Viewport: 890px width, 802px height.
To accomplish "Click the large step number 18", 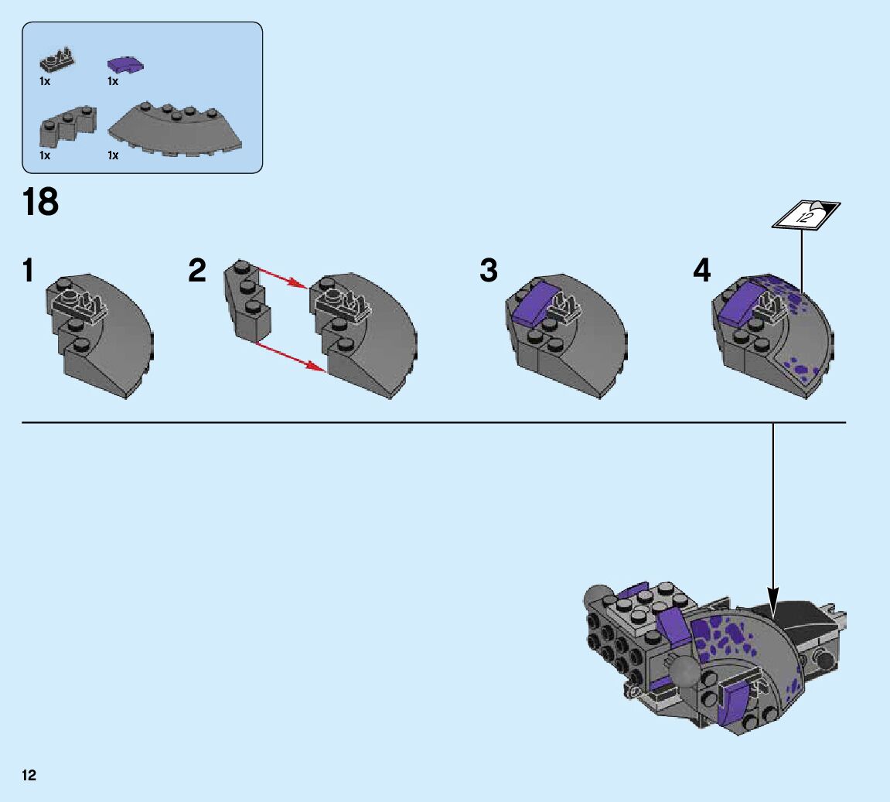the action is click(x=40, y=203).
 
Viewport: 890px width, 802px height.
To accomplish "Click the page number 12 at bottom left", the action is click(x=29, y=775).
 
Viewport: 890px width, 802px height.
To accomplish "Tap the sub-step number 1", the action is click(x=28, y=271).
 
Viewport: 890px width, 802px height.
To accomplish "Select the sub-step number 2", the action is click(x=197, y=271).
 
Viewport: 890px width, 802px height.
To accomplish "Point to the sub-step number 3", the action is click(x=489, y=271).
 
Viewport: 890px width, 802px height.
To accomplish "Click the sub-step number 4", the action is click(x=701, y=271).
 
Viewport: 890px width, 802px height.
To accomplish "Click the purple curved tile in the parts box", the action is click(x=128, y=64).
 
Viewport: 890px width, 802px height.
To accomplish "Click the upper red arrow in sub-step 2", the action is click(x=282, y=278).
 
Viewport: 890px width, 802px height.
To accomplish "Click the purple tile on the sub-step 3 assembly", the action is click(x=531, y=303).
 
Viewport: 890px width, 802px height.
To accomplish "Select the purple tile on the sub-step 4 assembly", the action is click(x=741, y=303).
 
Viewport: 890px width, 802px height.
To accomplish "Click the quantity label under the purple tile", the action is click(x=113, y=81).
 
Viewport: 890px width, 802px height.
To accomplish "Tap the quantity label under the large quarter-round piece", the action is click(x=113, y=155).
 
